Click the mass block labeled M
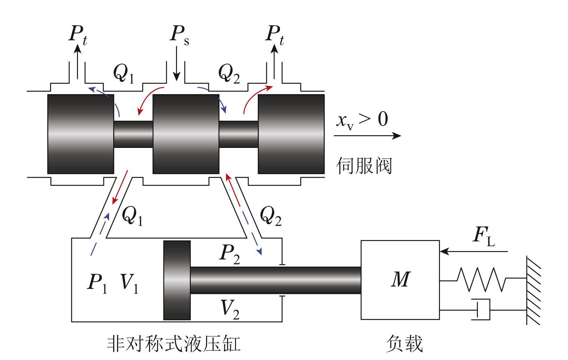click(400, 280)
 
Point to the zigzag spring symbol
click(482, 279)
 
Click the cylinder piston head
click(177, 280)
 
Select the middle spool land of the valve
click(186, 134)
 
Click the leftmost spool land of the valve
click(81, 134)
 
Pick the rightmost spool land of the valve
click(291, 134)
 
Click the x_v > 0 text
click(362, 120)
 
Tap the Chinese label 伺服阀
click(364, 166)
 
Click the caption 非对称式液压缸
click(174, 343)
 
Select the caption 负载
click(404, 343)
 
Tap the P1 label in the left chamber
click(97, 283)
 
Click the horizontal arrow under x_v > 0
click(367, 136)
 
